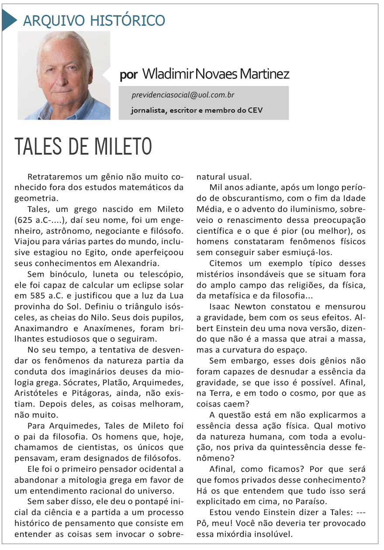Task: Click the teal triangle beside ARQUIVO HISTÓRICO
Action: (x=9, y=20)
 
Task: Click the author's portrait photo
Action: (x=64, y=75)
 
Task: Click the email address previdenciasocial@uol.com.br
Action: (x=183, y=95)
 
